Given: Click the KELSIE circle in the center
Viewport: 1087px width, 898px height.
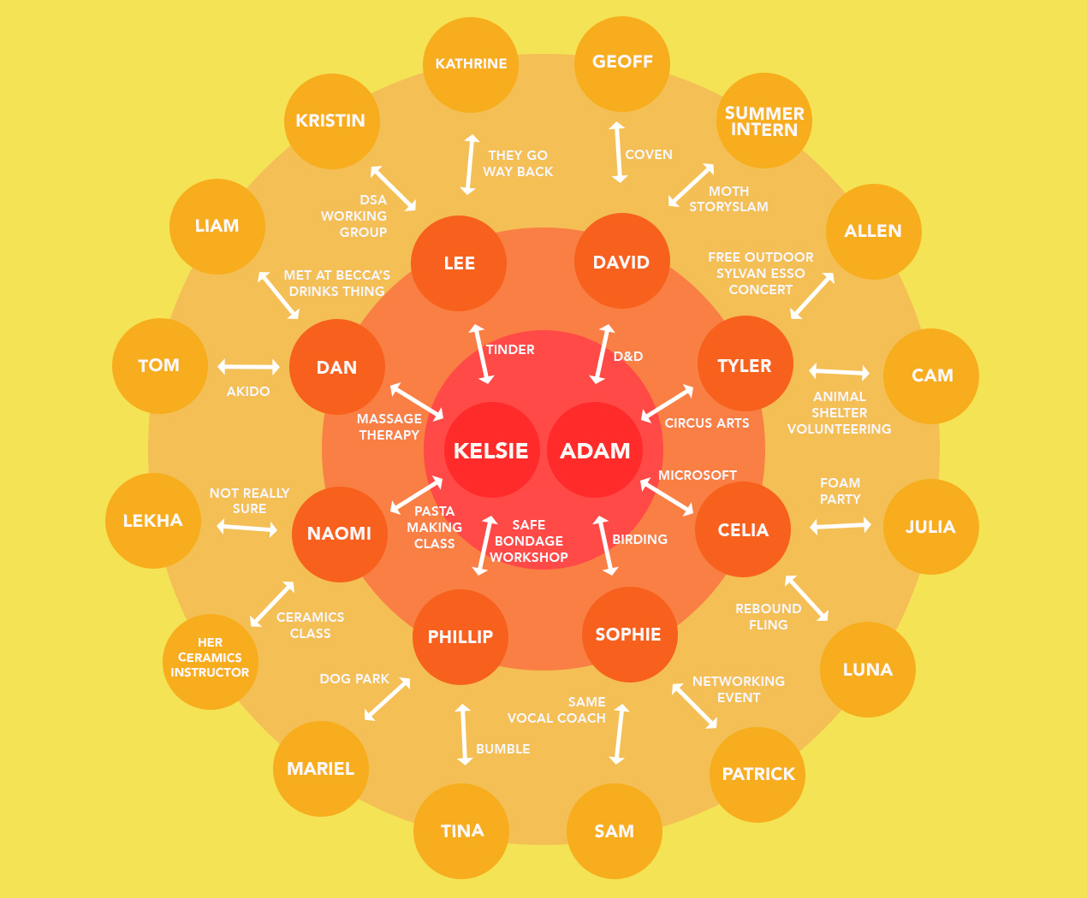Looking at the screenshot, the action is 491,450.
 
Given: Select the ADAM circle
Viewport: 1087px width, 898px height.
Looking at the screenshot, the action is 595,450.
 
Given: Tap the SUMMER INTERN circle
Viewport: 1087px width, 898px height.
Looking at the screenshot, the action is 764,121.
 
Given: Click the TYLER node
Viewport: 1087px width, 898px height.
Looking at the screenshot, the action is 745,363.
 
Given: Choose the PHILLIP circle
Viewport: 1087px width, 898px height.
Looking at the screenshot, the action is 460,637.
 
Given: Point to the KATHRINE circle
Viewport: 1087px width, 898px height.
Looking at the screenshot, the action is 471,64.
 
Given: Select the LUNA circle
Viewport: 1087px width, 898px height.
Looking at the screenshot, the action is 868,670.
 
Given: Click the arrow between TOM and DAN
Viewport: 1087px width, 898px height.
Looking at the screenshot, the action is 248,367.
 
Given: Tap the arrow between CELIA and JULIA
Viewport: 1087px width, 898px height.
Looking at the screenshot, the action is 840,525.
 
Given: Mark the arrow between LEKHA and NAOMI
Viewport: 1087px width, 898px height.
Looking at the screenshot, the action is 247,529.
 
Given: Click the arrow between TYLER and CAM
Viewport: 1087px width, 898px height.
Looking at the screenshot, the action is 839,371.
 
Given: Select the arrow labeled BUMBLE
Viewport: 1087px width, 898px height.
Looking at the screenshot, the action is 463,735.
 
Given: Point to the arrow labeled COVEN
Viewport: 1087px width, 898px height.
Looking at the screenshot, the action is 618,152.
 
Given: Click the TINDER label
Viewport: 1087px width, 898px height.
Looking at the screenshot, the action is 510,350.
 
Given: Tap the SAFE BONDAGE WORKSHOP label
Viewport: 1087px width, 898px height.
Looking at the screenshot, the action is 528,541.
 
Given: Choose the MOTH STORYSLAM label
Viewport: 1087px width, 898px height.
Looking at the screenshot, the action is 729,198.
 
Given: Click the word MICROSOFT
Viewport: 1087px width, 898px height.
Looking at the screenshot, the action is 698,475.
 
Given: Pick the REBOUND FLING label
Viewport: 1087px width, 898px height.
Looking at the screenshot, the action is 769,617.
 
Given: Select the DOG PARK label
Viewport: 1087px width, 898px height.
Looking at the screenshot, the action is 354,679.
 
